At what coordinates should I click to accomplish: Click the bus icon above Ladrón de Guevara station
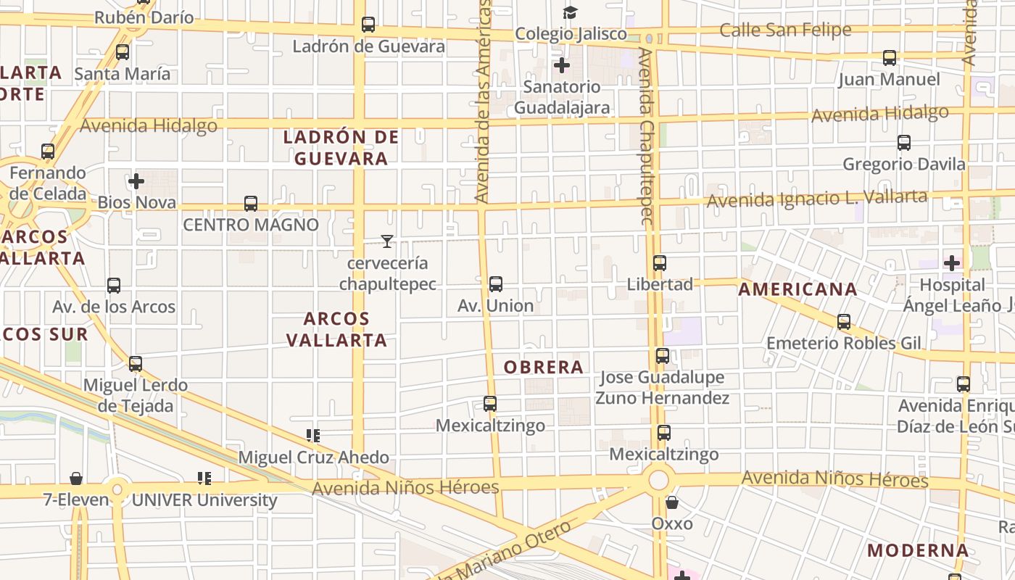point(368,25)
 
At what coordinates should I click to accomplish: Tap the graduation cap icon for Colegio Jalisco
point(571,12)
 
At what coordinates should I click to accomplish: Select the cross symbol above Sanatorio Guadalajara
point(561,65)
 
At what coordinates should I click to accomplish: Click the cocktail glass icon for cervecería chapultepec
point(387,241)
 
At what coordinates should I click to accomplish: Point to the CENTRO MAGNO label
point(250,225)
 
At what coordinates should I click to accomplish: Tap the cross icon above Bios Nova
point(136,181)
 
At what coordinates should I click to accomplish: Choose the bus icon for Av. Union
point(496,284)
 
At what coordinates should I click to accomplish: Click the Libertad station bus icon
point(659,263)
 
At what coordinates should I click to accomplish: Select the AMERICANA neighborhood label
point(797,289)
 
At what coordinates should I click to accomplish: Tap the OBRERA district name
point(544,368)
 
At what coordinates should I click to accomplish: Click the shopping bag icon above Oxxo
point(672,502)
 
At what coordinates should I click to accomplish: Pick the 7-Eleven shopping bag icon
point(75,478)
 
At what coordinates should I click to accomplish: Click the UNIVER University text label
point(204,500)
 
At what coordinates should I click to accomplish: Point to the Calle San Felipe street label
point(785,30)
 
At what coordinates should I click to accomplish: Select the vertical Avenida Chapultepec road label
point(647,136)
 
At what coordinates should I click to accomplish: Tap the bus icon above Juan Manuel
point(889,58)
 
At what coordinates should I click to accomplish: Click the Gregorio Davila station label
point(904,165)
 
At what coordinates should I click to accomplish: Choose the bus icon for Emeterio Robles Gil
point(844,321)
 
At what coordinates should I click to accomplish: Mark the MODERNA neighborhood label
point(918,550)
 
